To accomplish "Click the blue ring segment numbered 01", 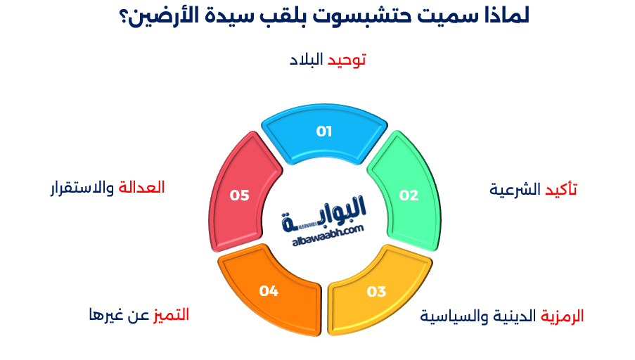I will tap(324, 131).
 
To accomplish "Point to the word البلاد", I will tap(306, 60).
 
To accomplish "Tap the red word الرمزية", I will tap(563, 316).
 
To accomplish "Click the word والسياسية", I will tap(451, 316).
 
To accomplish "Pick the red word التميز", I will tap(172, 314).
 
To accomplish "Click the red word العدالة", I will tap(142, 188).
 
